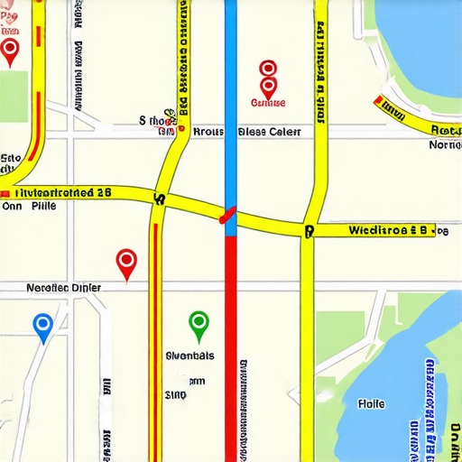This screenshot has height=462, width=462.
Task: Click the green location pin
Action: point(199,322)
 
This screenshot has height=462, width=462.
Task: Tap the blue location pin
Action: point(42,326)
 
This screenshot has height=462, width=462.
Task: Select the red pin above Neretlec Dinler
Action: point(127,263)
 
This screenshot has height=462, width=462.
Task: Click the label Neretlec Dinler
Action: point(63,288)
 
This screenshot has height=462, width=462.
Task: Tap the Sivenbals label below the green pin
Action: point(190,356)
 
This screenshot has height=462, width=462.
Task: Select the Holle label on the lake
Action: point(371,403)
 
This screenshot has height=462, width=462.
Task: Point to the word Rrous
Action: point(208,131)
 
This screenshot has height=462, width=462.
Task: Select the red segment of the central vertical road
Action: point(230,343)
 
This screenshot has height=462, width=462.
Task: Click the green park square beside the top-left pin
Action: point(13,95)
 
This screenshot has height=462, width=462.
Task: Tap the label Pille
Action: point(42,206)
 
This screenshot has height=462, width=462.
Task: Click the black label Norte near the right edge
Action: point(445,144)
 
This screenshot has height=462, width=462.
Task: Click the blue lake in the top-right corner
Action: point(420,45)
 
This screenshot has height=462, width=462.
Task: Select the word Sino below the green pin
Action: point(175,394)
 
